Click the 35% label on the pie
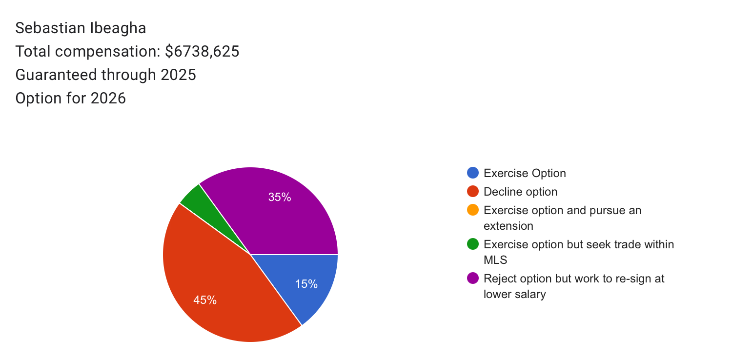point(280,197)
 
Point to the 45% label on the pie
point(205,300)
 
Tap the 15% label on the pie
point(306,284)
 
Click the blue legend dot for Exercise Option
point(473,173)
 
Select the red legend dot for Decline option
point(473,192)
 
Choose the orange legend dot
point(473,210)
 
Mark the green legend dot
point(473,244)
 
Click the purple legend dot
point(473,278)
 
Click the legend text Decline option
point(520,192)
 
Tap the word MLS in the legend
point(495,260)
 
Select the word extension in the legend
point(508,226)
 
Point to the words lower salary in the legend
point(514,294)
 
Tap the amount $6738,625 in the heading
point(202,51)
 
